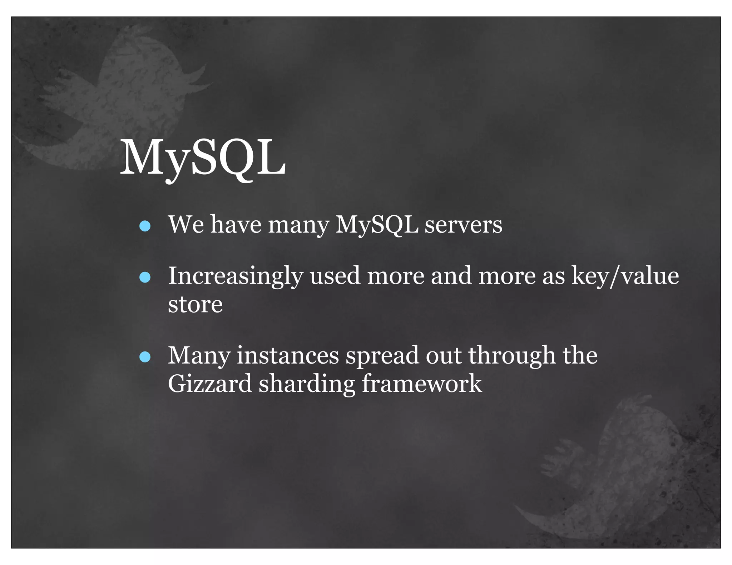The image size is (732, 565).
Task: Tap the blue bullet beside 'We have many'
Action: click(x=145, y=226)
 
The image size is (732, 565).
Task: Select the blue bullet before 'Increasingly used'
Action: click(x=145, y=277)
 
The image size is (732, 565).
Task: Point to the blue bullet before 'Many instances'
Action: click(x=145, y=357)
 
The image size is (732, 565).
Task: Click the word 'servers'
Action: click(x=463, y=225)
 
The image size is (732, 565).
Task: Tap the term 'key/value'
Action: click(x=625, y=276)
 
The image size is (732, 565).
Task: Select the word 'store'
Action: click(x=195, y=305)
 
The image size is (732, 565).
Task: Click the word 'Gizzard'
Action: click(x=210, y=384)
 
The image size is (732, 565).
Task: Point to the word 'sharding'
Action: click(x=307, y=384)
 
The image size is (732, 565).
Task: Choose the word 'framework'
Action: click(x=422, y=384)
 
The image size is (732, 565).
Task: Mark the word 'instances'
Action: click(x=288, y=356)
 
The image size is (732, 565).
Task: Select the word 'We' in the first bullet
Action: click(x=186, y=225)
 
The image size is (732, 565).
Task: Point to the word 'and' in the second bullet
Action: click(x=451, y=276)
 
